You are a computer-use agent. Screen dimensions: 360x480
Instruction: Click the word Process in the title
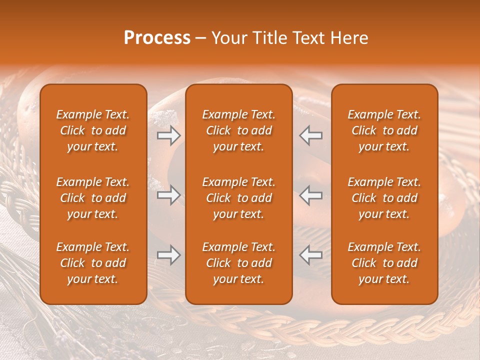click(x=157, y=38)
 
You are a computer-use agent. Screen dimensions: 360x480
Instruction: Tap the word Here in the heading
click(x=348, y=38)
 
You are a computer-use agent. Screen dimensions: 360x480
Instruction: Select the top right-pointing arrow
click(x=168, y=135)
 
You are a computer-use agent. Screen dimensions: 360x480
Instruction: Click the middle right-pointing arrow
click(x=168, y=195)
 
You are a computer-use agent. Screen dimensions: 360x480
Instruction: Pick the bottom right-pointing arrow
click(x=168, y=255)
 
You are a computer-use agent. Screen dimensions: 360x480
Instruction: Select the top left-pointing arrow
click(x=310, y=135)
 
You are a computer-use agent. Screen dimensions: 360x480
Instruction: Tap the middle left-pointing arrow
click(x=310, y=195)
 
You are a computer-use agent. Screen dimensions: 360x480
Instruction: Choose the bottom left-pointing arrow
click(x=310, y=255)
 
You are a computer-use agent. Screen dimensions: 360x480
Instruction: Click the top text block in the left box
click(x=93, y=130)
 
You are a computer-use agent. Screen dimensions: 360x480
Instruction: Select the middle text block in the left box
click(x=93, y=198)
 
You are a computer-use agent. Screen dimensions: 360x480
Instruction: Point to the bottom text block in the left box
click(x=93, y=263)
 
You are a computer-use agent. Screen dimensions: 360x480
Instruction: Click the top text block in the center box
click(x=238, y=130)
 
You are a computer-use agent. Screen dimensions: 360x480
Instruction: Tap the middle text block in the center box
click(x=238, y=198)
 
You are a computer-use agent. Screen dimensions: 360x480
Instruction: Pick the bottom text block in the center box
click(x=238, y=263)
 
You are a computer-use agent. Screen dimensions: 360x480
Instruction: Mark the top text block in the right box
click(x=384, y=130)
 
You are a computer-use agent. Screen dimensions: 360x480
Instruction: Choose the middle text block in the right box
click(x=384, y=198)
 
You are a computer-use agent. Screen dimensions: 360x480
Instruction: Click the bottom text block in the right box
click(x=384, y=263)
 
